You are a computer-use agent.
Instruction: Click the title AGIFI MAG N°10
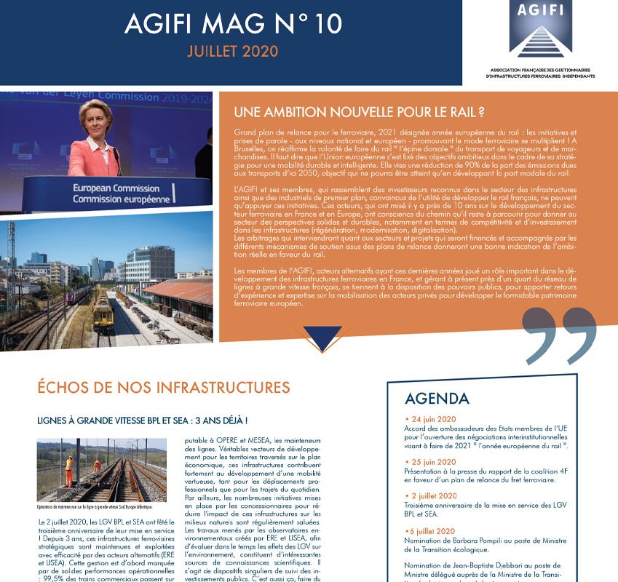pos(232,24)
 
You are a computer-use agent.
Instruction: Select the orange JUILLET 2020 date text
pos(232,53)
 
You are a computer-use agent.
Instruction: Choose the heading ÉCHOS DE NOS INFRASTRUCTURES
pos(163,387)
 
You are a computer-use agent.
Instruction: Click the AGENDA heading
pos(437,398)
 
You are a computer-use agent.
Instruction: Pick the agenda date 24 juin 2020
pos(436,420)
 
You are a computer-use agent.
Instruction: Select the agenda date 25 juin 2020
pos(436,462)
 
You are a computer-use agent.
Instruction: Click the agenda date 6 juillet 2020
pos(437,531)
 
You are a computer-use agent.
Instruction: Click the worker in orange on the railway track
pos(69,469)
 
